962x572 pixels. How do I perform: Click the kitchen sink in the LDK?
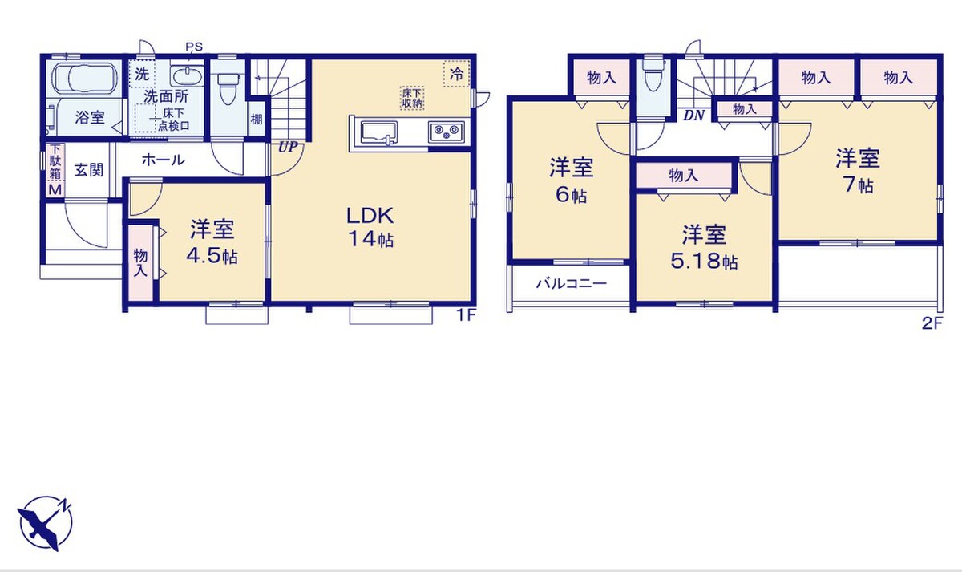[378, 132]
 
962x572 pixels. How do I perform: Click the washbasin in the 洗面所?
[187, 76]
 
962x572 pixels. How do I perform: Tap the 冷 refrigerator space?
[456, 74]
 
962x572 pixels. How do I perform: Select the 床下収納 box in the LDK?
[412, 98]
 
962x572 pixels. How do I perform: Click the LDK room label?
[370, 216]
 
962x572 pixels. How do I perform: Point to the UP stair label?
[288, 148]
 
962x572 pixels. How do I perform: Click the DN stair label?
[694, 116]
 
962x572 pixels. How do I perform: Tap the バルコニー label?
[571, 284]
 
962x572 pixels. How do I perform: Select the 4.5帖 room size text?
[212, 257]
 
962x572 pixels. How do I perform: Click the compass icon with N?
[45, 523]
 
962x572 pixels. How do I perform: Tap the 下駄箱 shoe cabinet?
[56, 170]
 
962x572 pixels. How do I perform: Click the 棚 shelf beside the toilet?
[257, 119]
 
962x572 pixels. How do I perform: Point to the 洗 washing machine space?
[142, 74]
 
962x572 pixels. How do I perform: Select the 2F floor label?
[932, 323]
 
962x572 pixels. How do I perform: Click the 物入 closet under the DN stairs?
[744, 109]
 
